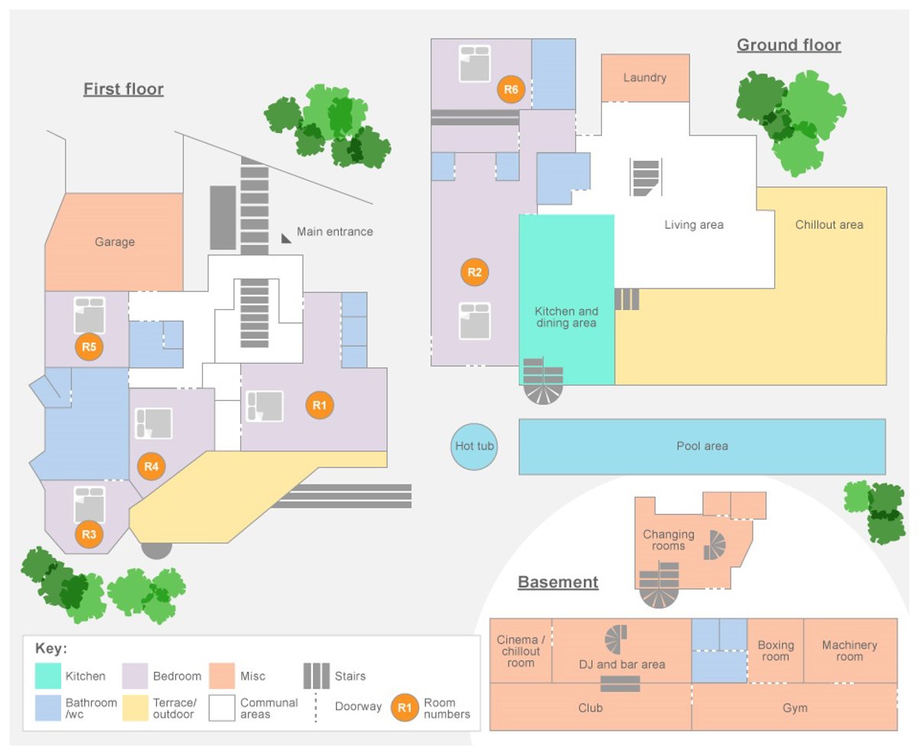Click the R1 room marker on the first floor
click(320, 406)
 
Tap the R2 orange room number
click(474, 272)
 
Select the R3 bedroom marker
click(89, 534)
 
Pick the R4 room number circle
click(151, 465)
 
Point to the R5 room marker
click(89, 347)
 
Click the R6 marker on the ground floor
click(511, 90)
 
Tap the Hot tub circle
click(474, 446)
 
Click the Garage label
click(115, 242)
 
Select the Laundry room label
click(645, 77)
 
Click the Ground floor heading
click(789, 45)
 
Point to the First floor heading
click(123, 90)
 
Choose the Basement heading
click(558, 582)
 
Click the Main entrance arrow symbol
click(287, 238)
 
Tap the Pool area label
click(702, 446)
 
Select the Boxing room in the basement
click(775, 650)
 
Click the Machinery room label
click(849, 650)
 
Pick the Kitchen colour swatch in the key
click(47, 676)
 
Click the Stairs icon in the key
click(316, 676)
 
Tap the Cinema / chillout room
click(520, 650)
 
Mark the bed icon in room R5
click(89, 314)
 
